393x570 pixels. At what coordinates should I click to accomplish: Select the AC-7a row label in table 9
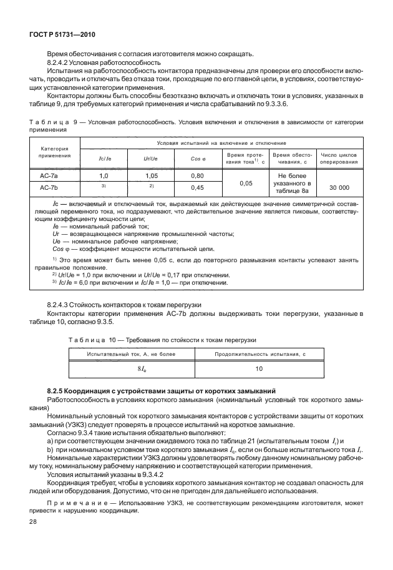[49, 177]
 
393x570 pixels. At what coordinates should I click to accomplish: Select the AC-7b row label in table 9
[49, 187]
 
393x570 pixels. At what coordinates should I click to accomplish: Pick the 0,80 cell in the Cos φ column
[198, 177]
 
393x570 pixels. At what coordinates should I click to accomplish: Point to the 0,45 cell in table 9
[198, 187]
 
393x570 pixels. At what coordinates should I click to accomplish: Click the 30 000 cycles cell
[339, 187]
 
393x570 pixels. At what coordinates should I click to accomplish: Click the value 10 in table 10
[259, 369]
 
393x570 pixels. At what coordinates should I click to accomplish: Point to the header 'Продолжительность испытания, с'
[259, 354]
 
